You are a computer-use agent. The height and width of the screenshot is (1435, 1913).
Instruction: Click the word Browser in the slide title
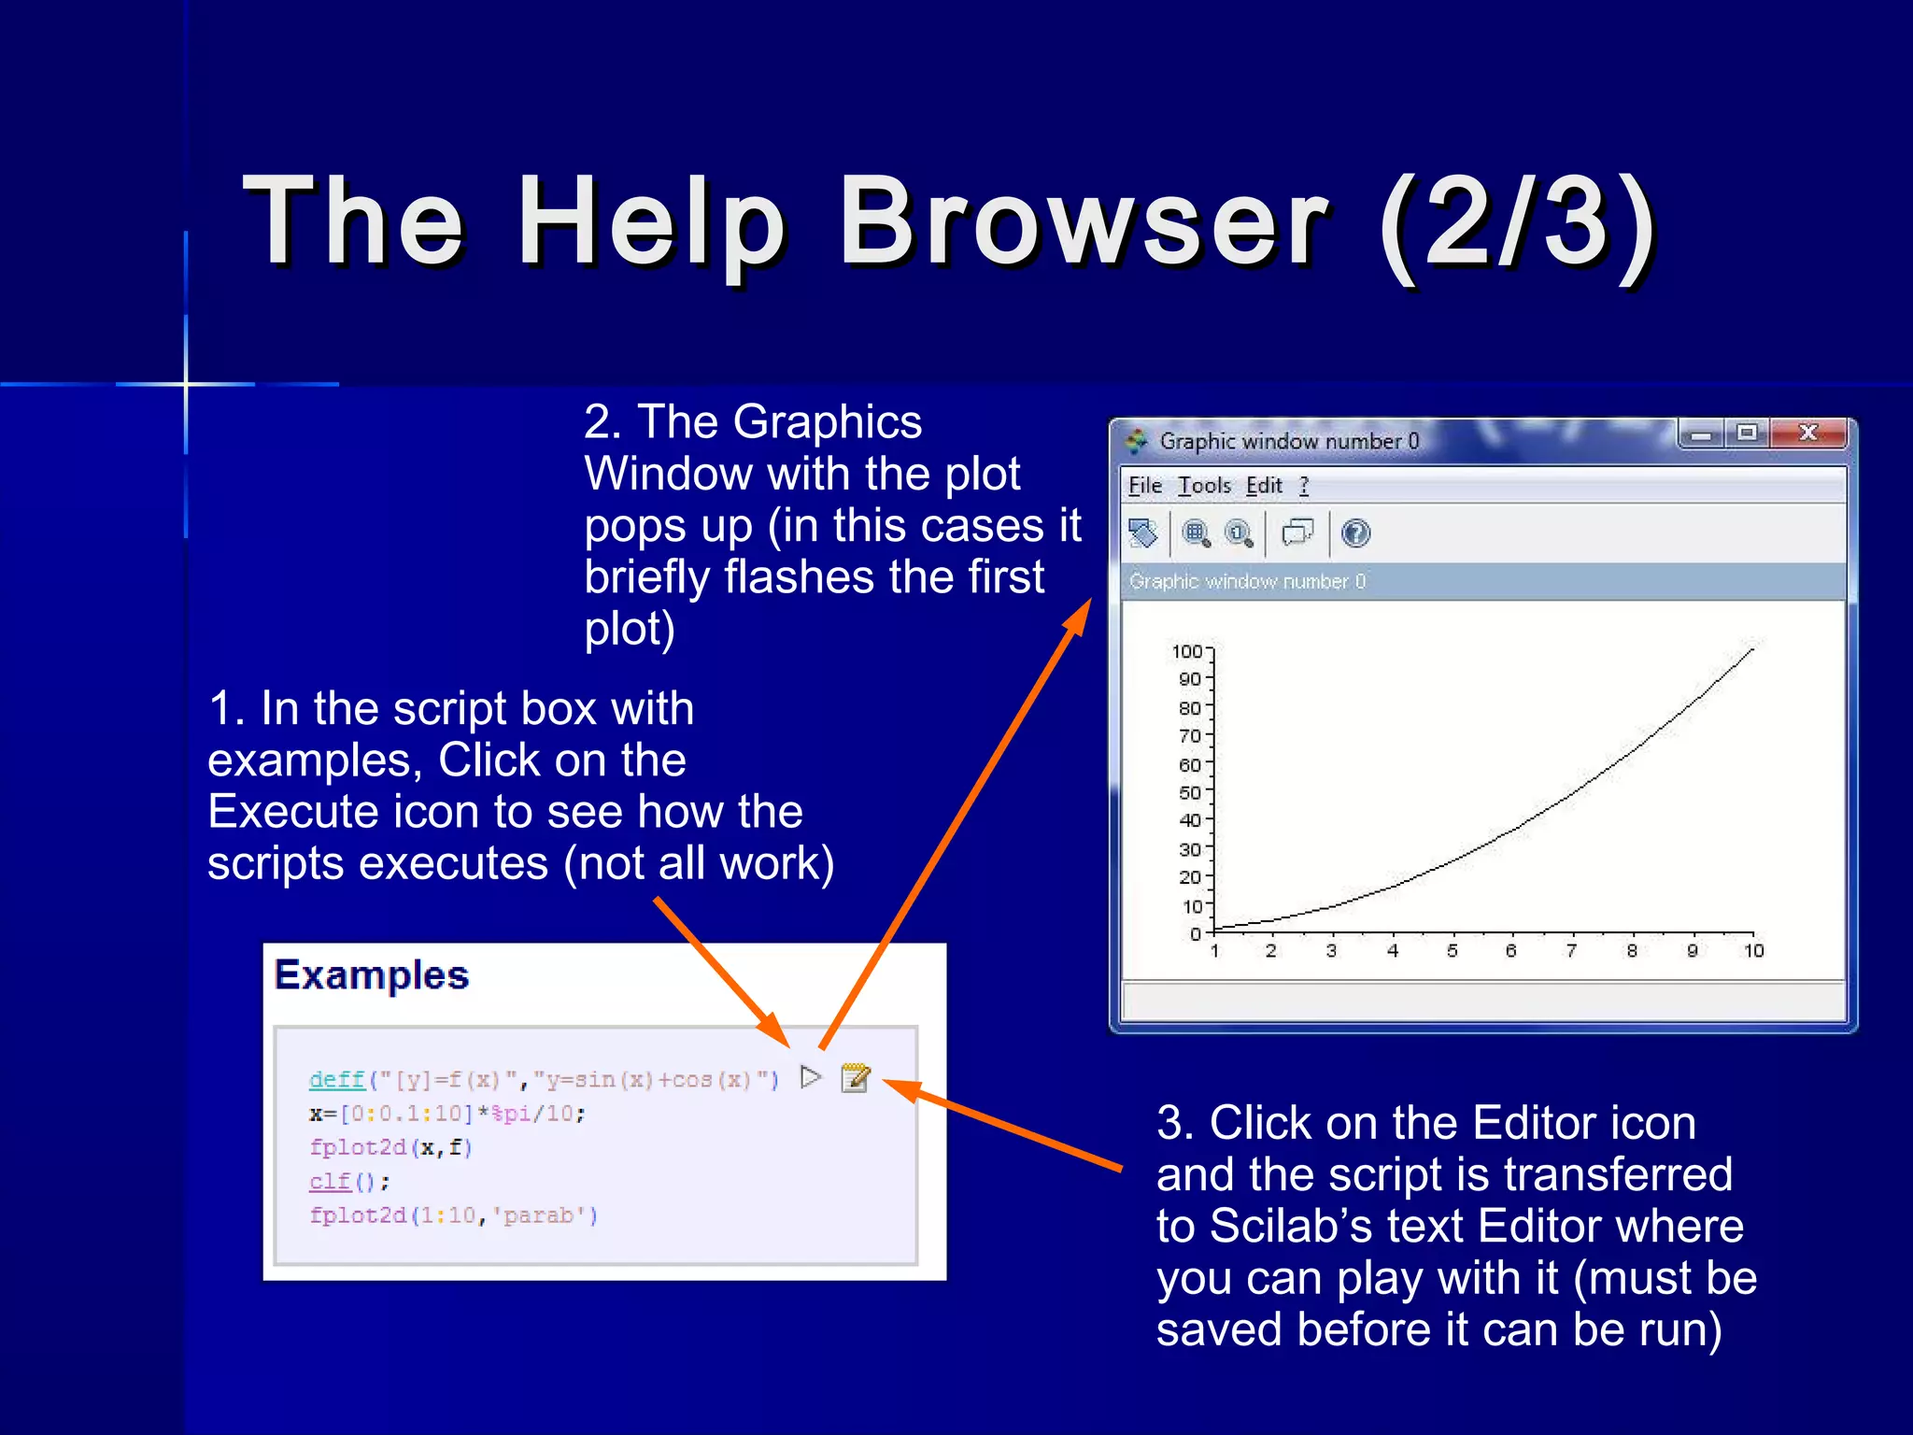click(1084, 224)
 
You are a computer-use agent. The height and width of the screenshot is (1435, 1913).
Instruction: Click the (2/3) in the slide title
click(1518, 224)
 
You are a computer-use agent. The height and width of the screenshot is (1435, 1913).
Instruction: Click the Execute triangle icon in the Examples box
click(811, 1077)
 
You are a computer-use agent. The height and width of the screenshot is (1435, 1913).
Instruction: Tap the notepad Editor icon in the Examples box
click(855, 1077)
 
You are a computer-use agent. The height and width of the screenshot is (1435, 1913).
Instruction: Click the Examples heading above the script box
click(372, 975)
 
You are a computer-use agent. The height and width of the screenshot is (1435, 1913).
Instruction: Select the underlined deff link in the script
click(336, 1080)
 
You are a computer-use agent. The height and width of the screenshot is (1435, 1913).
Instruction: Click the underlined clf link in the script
click(330, 1182)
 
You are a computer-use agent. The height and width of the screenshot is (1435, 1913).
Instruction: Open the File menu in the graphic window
click(1144, 486)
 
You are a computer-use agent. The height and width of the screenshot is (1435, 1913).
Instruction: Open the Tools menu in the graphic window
click(1204, 486)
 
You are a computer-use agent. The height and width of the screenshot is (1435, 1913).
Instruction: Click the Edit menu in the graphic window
click(1264, 486)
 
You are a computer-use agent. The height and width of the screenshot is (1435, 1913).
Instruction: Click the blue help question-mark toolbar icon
click(1355, 533)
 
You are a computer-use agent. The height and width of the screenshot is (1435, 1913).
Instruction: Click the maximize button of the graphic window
click(1747, 433)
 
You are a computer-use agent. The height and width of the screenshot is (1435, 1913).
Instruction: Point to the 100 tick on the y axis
click(1187, 651)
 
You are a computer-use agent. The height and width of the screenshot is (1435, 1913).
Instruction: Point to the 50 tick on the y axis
click(1189, 792)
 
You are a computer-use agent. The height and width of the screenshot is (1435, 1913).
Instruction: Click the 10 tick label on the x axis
click(1753, 951)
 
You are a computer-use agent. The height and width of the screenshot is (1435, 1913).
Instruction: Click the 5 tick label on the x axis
click(1452, 951)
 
